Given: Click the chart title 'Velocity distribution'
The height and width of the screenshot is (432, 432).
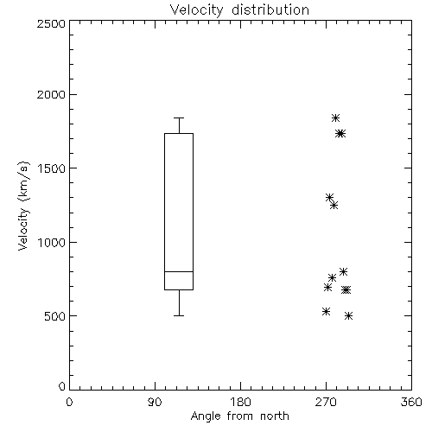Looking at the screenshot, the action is [x=239, y=10].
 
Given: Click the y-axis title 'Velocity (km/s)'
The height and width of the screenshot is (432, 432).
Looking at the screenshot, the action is [x=23, y=206].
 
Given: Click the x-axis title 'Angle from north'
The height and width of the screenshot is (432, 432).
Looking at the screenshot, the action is [x=240, y=416].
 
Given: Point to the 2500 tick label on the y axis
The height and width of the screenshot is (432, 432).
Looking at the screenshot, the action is [x=51, y=23].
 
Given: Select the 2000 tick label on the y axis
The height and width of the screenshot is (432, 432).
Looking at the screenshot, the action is [x=51, y=94].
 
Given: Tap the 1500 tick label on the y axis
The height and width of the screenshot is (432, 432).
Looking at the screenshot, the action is [x=52, y=168].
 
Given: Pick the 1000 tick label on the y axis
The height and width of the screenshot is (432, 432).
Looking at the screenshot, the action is [x=52, y=242].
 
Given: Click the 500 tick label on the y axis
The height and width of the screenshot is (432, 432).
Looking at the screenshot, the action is [x=55, y=316].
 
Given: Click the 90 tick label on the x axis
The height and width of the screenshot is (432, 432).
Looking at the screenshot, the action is [x=155, y=402].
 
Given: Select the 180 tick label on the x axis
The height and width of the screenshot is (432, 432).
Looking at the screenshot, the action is [x=240, y=402].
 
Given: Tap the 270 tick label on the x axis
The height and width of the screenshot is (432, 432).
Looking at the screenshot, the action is [x=326, y=402].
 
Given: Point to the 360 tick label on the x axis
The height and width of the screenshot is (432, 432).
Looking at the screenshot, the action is [x=411, y=402].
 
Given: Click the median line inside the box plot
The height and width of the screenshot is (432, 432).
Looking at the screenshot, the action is [x=179, y=271].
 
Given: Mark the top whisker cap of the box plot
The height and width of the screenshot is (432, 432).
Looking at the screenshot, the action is [x=179, y=118].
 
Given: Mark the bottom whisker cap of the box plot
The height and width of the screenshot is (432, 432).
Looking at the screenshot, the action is [x=179, y=316].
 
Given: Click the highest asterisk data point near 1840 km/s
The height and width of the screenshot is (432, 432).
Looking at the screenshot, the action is [x=335, y=118].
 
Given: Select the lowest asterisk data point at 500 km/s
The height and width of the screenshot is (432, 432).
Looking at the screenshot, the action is [x=349, y=316].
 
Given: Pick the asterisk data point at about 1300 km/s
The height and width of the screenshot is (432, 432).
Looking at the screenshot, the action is [x=329, y=198].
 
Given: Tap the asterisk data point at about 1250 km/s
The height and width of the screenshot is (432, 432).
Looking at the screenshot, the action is [x=334, y=206].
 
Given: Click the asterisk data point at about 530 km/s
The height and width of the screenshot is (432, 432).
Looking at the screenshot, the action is [x=326, y=311].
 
